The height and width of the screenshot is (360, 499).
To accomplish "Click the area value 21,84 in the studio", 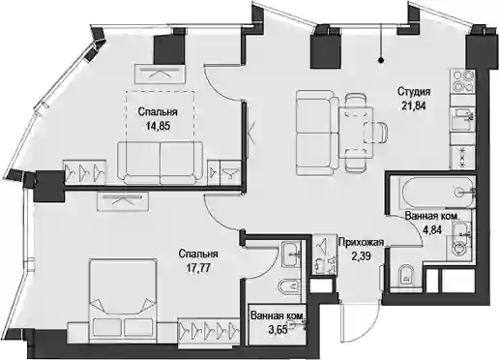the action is click(x=414, y=105).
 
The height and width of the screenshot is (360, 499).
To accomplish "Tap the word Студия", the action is click(x=414, y=92).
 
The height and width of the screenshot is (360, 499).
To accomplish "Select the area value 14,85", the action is click(x=158, y=126).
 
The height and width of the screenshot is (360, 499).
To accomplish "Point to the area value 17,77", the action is click(x=198, y=268).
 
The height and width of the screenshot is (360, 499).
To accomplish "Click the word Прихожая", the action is click(x=361, y=242).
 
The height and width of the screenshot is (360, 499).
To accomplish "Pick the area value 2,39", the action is click(x=361, y=256).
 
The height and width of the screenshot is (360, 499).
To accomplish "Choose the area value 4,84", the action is click(x=431, y=229).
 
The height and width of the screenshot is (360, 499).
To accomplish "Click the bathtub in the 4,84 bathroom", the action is click(x=436, y=193).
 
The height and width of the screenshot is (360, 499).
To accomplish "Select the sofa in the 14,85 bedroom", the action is click(x=161, y=163).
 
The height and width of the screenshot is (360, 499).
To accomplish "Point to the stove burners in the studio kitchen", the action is click(x=463, y=81).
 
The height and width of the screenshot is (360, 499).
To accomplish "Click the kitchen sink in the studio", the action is click(x=463, y=118).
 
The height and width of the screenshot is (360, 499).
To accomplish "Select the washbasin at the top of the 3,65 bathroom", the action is click(x=291, y=254).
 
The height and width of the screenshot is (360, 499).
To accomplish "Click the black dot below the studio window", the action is click(x=381, y=60).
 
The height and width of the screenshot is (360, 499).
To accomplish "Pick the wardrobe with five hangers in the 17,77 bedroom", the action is click(x=209, y=329).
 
